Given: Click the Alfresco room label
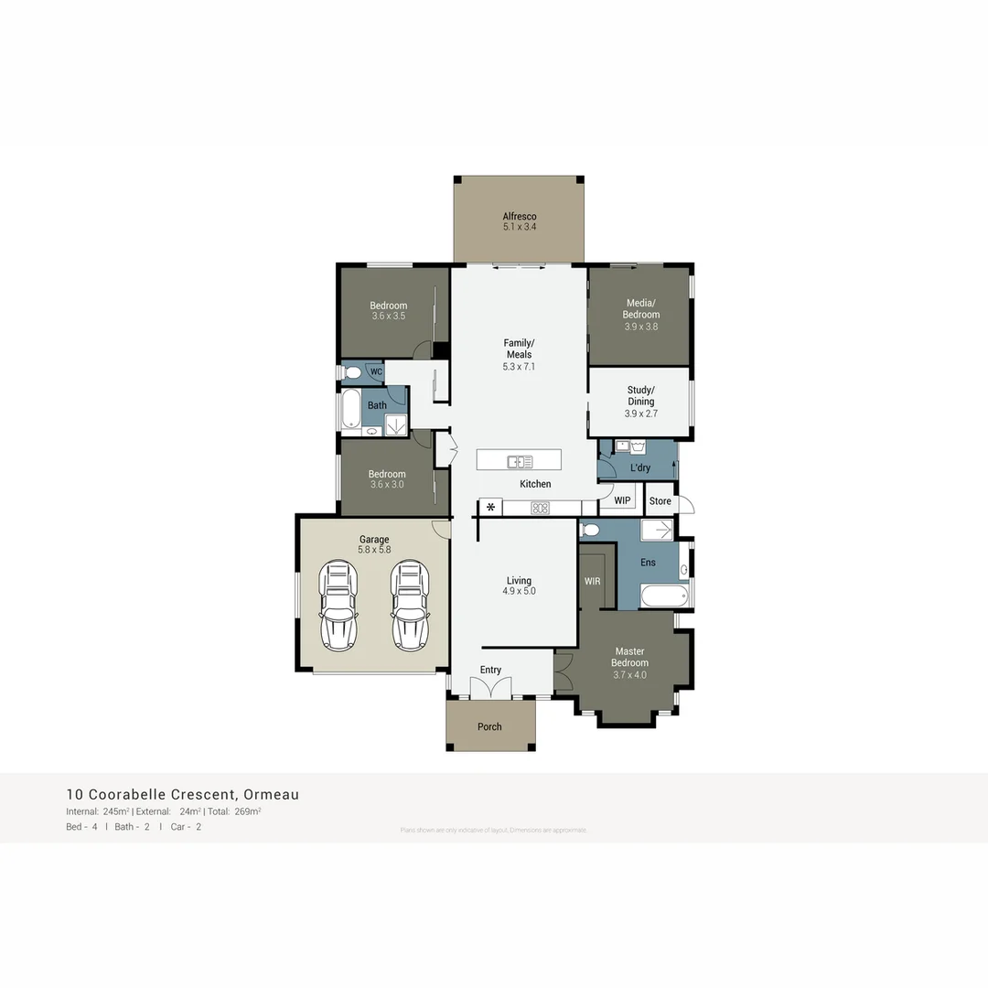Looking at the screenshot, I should tap(519, 217).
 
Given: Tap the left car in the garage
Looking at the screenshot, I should tap(338, 606).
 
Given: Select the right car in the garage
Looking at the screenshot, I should tap(410, 606).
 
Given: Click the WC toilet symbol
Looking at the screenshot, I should tap(352, 372).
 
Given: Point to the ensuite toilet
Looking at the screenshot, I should tap(590, 530).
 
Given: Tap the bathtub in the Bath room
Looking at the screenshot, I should tap(349, 409).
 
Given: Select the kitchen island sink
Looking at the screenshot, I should tap(520, 462).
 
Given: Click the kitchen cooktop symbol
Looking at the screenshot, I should tap(540, 508).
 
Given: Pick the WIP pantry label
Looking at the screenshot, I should tap(622, 500).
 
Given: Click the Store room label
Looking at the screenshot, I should tap(660, 501).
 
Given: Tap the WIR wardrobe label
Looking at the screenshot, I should tap(591, 580).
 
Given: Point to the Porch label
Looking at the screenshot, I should tap(489, 726).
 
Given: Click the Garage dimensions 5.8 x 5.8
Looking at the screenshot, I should tap(374, 550).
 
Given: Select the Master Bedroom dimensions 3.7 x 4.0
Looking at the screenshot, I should tap(629, 675).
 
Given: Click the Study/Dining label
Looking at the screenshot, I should tap(640, 395).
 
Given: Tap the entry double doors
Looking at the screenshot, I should tap(490, 689).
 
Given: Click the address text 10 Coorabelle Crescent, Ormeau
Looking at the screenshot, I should tap(182, 794).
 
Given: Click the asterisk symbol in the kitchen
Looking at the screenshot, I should tap(490, 507).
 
